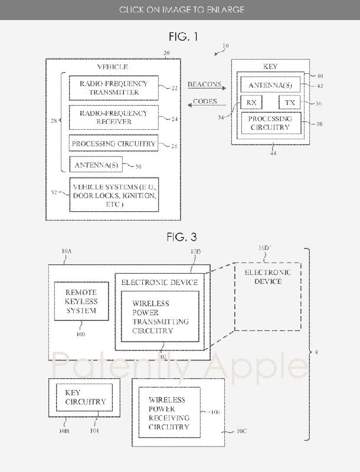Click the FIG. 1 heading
[183, 37]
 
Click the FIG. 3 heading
[181, 237]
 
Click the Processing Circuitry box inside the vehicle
[113, 143]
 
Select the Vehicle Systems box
[114, 194]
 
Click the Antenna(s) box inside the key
[270, 86]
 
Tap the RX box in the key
[251, 103]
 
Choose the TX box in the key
[289, 103]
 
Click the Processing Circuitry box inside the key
[270, 123]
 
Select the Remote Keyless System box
[81, 301]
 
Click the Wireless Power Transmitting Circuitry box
[160, 316]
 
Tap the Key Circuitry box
[84, 398]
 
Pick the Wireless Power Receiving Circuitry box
[169, 412]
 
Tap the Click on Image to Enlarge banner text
[181, 9]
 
